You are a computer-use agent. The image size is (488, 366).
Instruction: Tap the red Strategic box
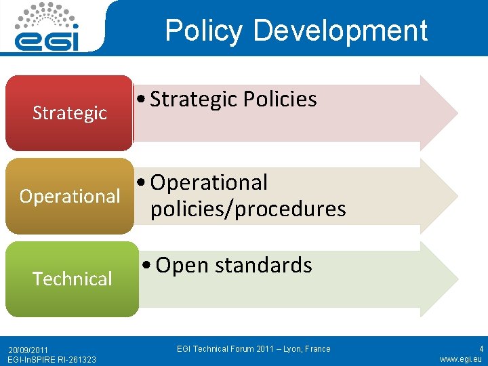tap(69, 113)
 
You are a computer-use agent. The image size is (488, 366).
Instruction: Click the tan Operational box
tap(69, 196)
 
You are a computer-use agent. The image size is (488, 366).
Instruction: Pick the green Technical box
tap(72, 279)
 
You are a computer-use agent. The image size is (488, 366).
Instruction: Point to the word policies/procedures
tap(248, 209)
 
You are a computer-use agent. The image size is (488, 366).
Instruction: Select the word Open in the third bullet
tap(182, 265)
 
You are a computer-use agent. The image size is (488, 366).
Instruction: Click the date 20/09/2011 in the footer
tap(28, 349)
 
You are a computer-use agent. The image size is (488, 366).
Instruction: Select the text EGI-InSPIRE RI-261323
tap(52, 359)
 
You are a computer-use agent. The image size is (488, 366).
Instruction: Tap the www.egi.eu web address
tap(460, 359)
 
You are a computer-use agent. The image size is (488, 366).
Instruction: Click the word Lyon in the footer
tap(289, 349)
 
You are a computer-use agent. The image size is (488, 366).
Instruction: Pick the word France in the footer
tap(317, 349)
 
